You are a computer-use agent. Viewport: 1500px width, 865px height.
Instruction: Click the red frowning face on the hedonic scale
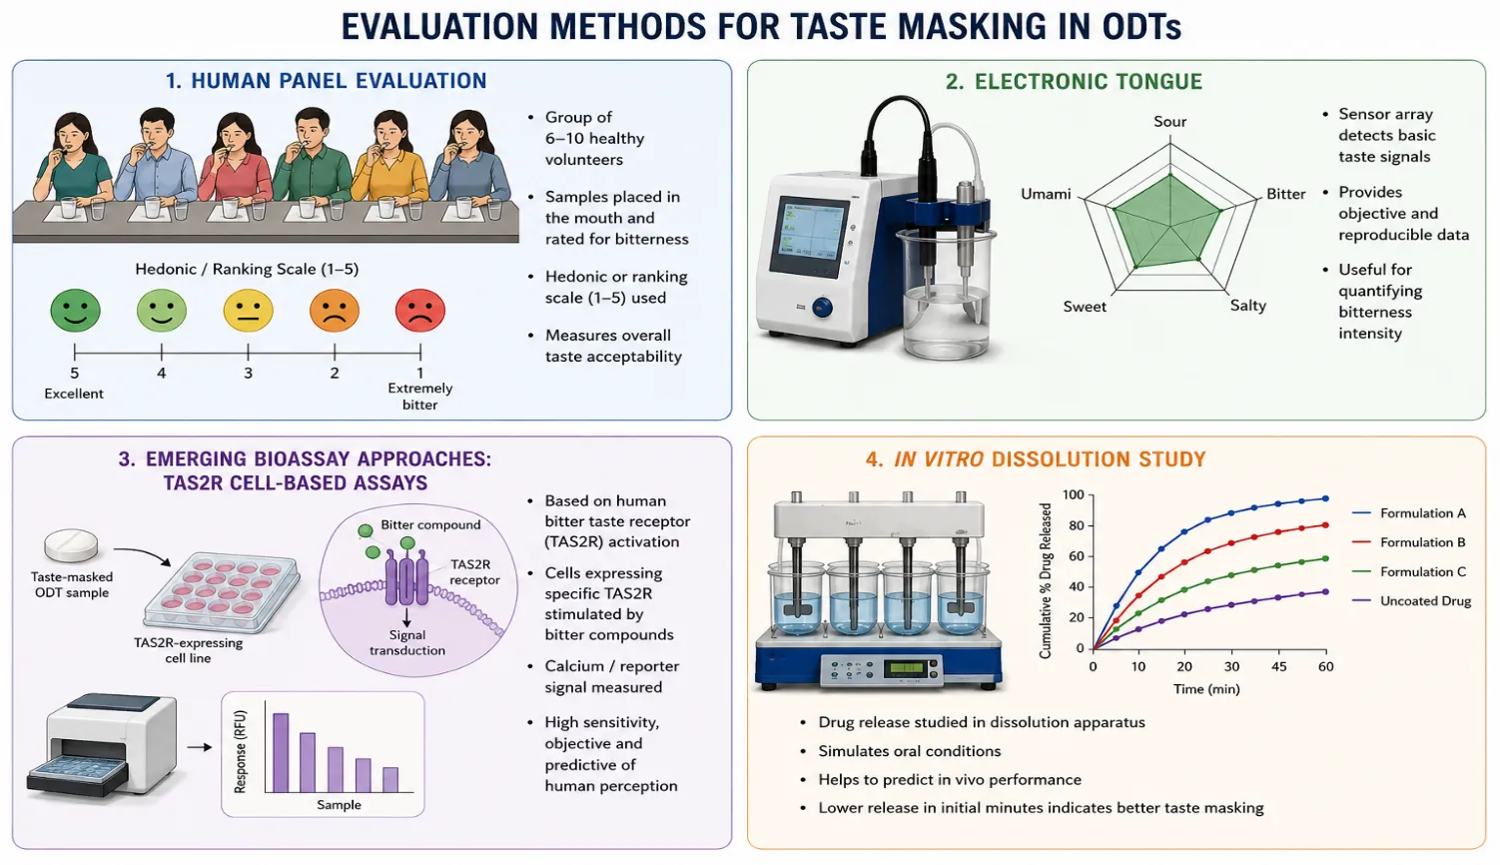pos(419,310)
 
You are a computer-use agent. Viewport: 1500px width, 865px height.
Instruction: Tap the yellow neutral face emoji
pos(248,310)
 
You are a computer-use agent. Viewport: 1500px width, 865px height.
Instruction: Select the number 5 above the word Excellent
pos(74,373)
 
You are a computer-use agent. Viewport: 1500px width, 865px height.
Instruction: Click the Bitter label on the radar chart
pos(1285,194)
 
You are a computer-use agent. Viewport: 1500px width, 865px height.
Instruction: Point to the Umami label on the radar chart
pos(1046,194)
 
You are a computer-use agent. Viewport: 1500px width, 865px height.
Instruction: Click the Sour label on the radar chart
pos(1169,121)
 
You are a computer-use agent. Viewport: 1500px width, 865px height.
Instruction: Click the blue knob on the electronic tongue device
pos(822,308)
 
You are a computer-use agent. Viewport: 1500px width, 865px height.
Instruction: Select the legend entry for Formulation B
pos(1408,542)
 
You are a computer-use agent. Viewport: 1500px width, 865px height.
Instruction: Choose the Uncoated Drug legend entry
pos(1411,600)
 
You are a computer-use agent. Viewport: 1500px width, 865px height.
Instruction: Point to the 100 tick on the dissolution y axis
pos(1073,494)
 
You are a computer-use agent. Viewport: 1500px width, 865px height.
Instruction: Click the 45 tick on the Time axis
pos(1279,666)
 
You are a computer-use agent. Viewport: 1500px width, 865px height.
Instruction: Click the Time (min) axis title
pos(1206,689)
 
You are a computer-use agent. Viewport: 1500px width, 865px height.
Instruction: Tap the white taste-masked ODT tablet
pos(71,545)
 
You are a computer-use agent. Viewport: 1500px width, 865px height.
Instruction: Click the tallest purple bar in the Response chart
pos(281,752)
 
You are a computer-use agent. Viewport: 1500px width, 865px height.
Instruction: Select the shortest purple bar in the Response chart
pos(390,780)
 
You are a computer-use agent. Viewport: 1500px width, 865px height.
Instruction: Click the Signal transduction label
pos(407,642)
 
